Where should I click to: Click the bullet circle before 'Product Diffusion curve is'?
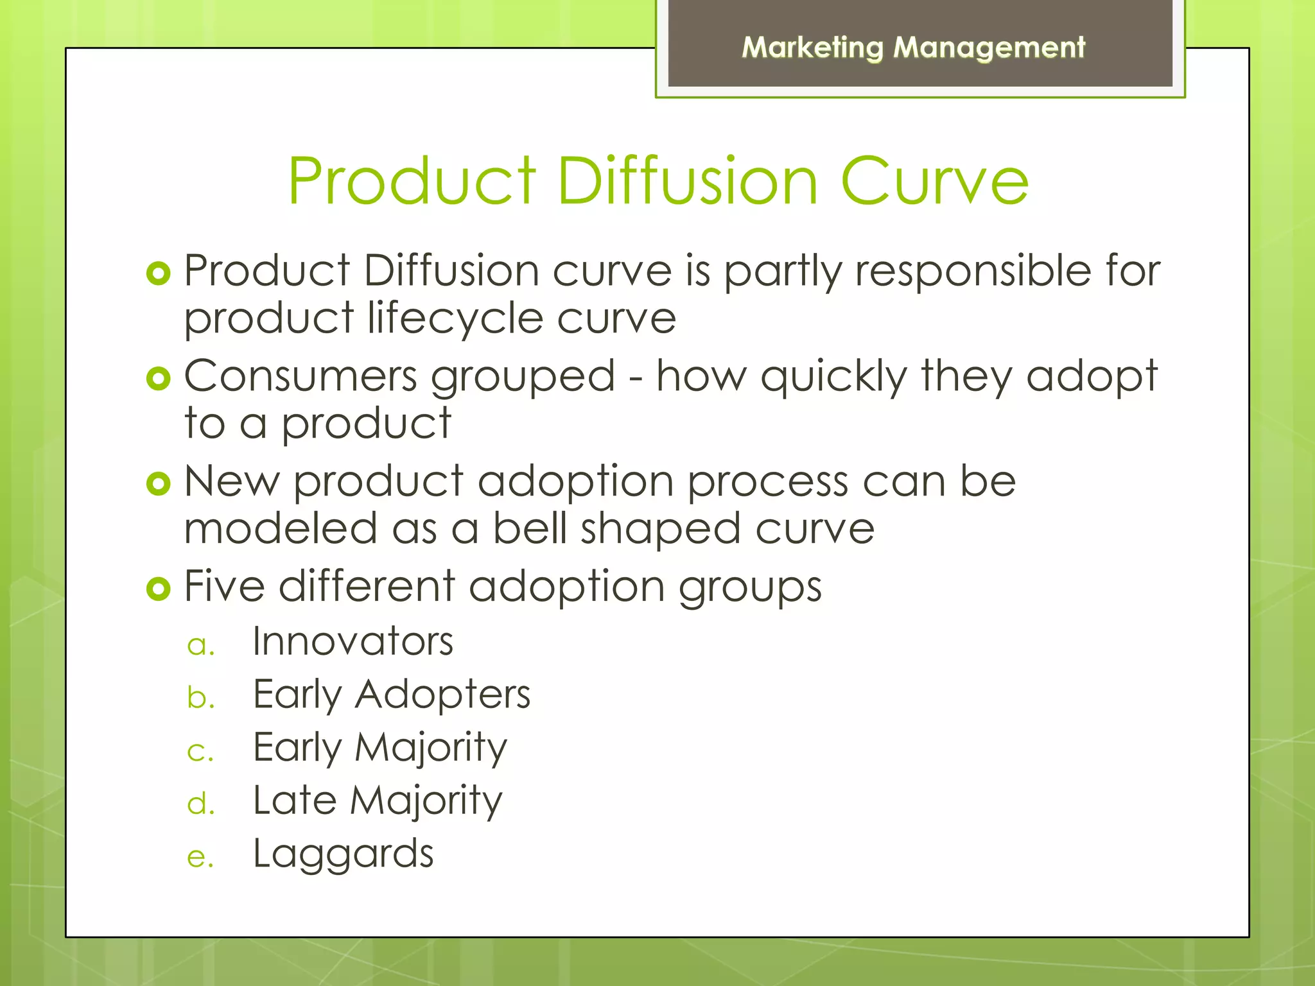pyautogui.click(x=158, y=273)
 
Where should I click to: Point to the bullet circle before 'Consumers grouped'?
pyautogui.click(x=158, y=379)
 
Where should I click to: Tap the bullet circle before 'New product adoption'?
pyautogui.click(x=158, y=483)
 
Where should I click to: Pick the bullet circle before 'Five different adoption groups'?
pyautogui.click(x=158, y=589)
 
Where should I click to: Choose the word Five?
pyautogui.click(x=224, y=586)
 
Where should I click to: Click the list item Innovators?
pyautogui.click(x=353, y=641)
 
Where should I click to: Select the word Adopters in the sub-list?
pyautogui.click(x=442, y=695)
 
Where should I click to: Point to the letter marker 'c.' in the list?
pyautogui.click(x=200, y=751)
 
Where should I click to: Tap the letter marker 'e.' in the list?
pyautogui.click(x=200, y=858)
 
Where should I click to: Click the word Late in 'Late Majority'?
pyautogui.click(x=295, y=800)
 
